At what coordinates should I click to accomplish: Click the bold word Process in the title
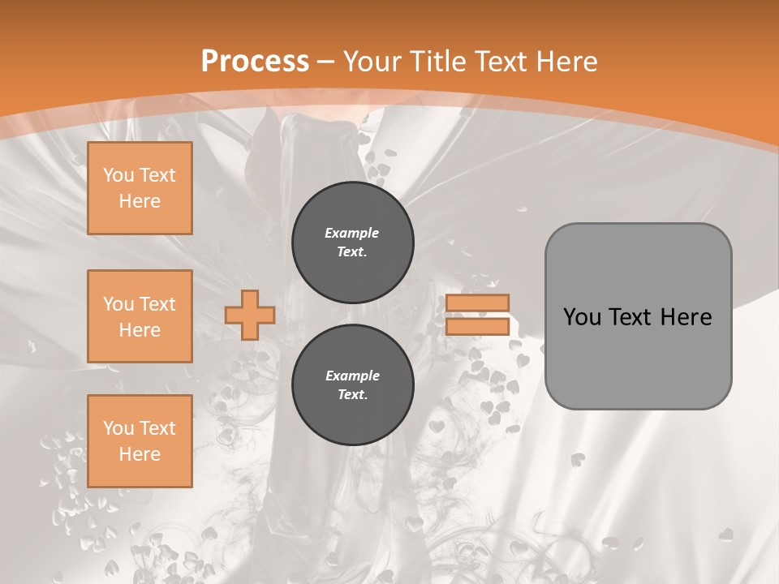[x=255, y=62]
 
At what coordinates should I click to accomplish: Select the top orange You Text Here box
[x=140, y=188]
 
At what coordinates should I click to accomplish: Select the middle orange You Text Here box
[x=140, y=316]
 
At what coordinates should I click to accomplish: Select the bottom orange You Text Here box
[x=140, y=441]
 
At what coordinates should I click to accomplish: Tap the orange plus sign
[x=250, y=315]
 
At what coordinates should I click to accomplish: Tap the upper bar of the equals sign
[x=477, y=303]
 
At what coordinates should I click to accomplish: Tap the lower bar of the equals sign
[x=477, y=326]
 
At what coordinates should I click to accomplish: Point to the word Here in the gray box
[x=686, y=317]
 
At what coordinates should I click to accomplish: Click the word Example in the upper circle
[x=352, y=233]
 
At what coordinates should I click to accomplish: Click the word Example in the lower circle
[x=352, y=376]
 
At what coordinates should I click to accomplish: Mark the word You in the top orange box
[x=118, y=175]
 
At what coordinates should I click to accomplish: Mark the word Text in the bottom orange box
[x=157, y=428]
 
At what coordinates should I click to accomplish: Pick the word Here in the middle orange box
[x=140, y=330]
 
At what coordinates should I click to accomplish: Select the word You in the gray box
[x=582, y=317]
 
